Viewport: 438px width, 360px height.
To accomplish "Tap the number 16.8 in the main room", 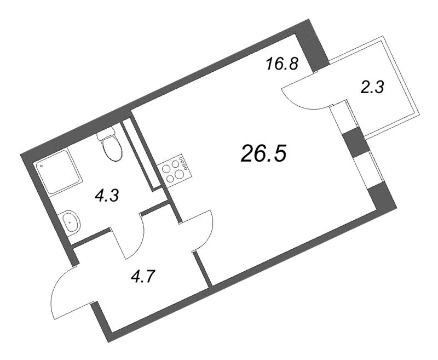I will (x=281, y=65).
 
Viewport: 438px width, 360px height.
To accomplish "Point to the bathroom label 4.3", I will (x=107, y=195).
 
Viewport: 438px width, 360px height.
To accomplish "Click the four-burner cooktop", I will (x=174, y=170).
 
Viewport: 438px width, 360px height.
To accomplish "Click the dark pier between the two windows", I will (x=356, y=142).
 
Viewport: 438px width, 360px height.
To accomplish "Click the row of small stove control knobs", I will (x=185, y=163).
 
